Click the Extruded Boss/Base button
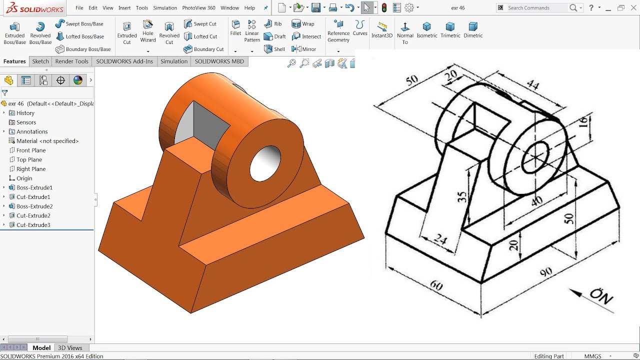14,32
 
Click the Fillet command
235,27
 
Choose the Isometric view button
426,29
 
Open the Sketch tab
40,61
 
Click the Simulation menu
165,8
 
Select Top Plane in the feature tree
29,159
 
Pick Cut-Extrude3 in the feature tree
33,225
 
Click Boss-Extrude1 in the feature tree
34,187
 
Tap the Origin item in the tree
24,178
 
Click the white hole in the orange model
265,164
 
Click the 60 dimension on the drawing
436,285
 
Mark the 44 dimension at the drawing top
533,85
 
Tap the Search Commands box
537,8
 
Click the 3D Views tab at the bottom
70,348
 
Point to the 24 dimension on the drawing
440,239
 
